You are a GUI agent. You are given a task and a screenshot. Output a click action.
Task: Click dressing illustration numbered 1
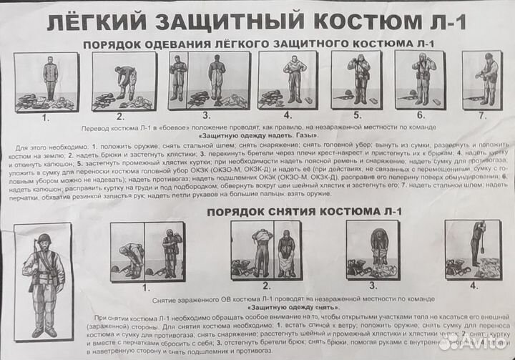coord(46,82)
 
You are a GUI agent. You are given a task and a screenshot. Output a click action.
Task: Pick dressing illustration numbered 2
coord(124,81)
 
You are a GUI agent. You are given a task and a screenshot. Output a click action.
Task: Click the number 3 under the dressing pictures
coord(206,115)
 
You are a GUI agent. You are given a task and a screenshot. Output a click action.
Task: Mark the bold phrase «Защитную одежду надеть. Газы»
coord(258,135)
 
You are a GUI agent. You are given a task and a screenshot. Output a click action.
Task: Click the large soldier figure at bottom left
coord(43,283)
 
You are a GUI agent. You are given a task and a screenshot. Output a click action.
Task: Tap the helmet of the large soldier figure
coord(44,238)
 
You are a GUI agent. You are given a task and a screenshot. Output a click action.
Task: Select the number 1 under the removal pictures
coord(146,288)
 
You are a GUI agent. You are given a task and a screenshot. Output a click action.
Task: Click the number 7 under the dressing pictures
coord(482,115)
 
